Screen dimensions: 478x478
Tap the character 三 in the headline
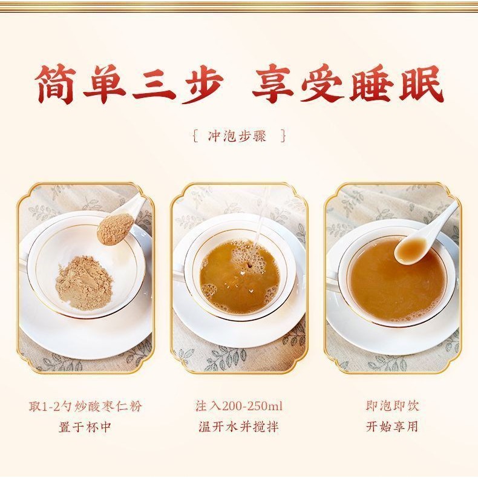(153, 83)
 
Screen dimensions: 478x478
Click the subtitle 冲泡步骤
(237, 136)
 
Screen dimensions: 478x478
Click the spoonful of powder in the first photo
(115, 229)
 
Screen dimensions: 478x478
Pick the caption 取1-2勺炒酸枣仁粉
(85, 407)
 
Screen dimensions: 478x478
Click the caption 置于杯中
(85, 427)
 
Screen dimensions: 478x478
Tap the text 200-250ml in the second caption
(252, 407)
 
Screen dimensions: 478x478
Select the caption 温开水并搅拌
(238, 427)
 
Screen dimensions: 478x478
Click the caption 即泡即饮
(392, 406)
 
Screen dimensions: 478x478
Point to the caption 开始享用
(392, 427)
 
